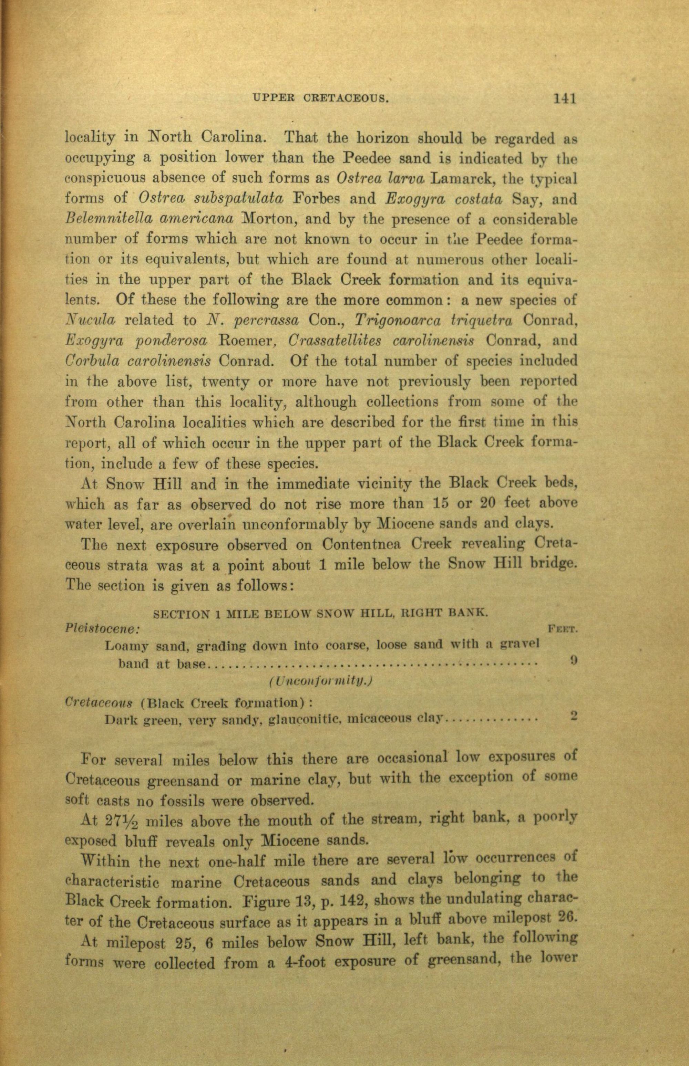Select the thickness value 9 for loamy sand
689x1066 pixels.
pyautogui.click(x=574, y=660)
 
